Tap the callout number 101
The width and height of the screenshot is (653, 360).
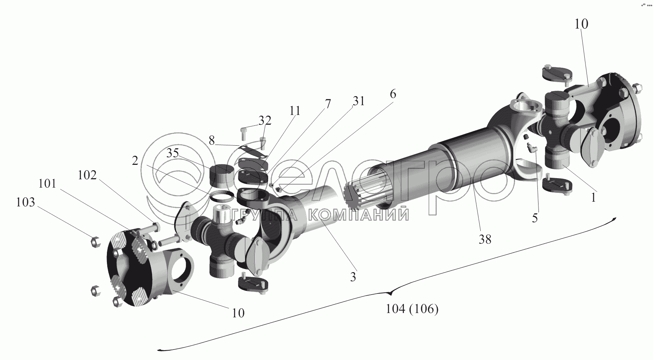click(x=48, y=184)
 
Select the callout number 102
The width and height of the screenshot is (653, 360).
click(x=87, y=175)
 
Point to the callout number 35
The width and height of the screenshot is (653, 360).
click(x=172, y=153)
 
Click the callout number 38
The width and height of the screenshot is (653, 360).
click(x=485, y=239)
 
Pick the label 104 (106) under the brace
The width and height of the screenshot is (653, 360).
click(x=412, y=309)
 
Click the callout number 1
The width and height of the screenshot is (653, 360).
click(x=593, y=198)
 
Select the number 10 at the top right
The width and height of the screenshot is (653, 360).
click(x=581, y=24)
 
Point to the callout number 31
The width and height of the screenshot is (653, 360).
click(x=358, y=102)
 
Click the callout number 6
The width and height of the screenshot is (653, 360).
click(x=393, y=94)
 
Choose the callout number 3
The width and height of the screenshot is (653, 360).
click(x=353, y=277)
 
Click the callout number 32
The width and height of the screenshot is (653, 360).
click(x=265, y=121)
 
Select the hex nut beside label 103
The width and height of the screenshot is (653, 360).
click(x=94, y=242)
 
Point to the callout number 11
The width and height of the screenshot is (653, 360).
click(x=295, y=111)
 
